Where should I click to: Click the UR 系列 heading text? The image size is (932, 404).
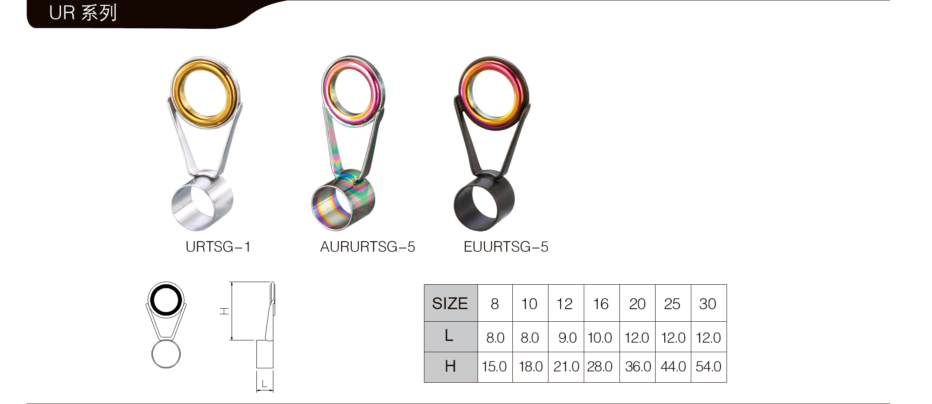click(x=83, y=13)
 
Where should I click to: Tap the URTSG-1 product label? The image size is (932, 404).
click(x=218, y=247)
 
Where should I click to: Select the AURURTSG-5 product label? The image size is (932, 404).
click(x=367, y=247)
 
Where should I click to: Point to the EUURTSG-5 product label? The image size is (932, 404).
click(x=506, y=247)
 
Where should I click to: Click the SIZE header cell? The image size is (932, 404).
click(x=451, y=303)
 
